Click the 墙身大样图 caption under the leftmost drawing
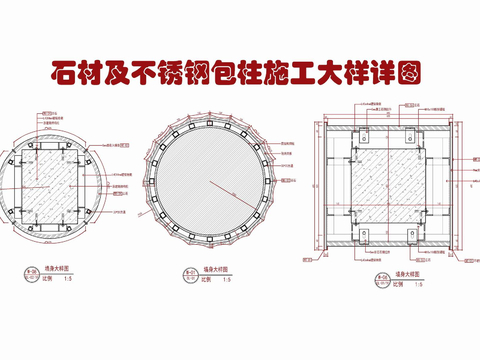[46, 270]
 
